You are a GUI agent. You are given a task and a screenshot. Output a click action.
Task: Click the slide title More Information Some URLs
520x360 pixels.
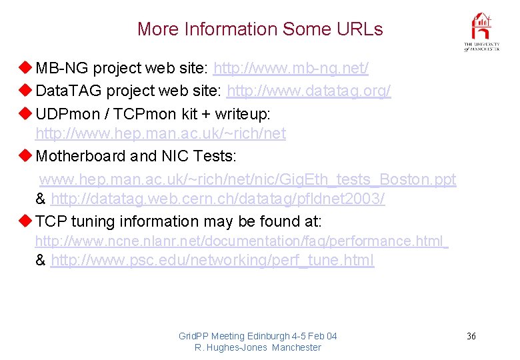click(x=260, y=29)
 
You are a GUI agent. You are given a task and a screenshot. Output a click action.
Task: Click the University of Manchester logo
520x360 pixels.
click(x=481, y=32)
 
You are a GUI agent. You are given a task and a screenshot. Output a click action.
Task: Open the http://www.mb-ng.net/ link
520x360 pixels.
click(x=291, y=68)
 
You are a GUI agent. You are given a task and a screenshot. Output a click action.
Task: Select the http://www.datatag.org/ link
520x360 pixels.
click(x=309, y=90)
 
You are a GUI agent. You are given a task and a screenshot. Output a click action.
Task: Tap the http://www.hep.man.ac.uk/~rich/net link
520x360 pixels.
click(x=160, y=134)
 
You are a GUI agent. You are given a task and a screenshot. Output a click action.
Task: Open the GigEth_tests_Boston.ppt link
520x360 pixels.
click(x=247, y=179)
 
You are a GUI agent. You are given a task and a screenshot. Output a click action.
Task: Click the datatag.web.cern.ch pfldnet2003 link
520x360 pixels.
click(x=217, y=199)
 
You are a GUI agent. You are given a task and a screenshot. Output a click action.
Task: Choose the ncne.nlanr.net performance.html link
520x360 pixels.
click(x=241, y=240)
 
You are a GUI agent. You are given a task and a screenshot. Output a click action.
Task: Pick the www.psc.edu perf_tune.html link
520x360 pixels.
click(x=212, y=261)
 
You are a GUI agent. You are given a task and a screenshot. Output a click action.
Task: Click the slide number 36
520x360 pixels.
click(x=471, y=336)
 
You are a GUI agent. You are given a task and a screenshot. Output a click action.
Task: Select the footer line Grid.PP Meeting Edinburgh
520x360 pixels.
click(x=257, y=336)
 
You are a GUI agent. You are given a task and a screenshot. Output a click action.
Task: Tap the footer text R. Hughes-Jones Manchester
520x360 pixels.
click(x=257, y=347)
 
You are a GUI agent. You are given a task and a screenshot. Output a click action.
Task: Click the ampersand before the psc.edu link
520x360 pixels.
click(x=41, y=261)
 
